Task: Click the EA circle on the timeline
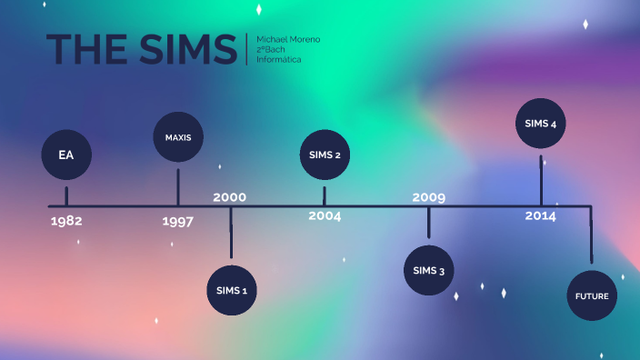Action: pyautogui.click(x=66, y=155)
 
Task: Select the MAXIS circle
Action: pyautogui.click(x=178, y=137)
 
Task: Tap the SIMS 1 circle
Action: pyautogui.click(x=232, y=291)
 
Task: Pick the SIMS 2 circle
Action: pyautogui.click(x=325, y=155)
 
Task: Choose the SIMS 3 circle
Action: pyautogui.click(x=429, y=271)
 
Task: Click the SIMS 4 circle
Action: pyautogui.click(x=541, y=124)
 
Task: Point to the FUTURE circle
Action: pyautogui.click(x=591, y=296)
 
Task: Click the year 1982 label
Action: pyautogui.click(x=67, y=220)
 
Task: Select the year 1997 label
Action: pyautogui.click(x=178, y=221)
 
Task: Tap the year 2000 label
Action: pyautogui.click(x=230, y=197)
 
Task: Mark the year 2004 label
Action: pyautogui.click(x=325, y=216)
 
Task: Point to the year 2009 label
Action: pyautogui.click(x=429, y=197)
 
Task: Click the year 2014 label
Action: pyautogui.click(x=541, y=216)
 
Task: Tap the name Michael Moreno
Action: pyautogui.click(x=288, y=39)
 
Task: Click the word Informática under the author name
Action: pyautogui.click(x=279, y=59)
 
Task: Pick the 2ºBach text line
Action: pyautogui.click(x=273, y=49)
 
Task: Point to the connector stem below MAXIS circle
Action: pyautogui.click(x=178, y=185)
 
